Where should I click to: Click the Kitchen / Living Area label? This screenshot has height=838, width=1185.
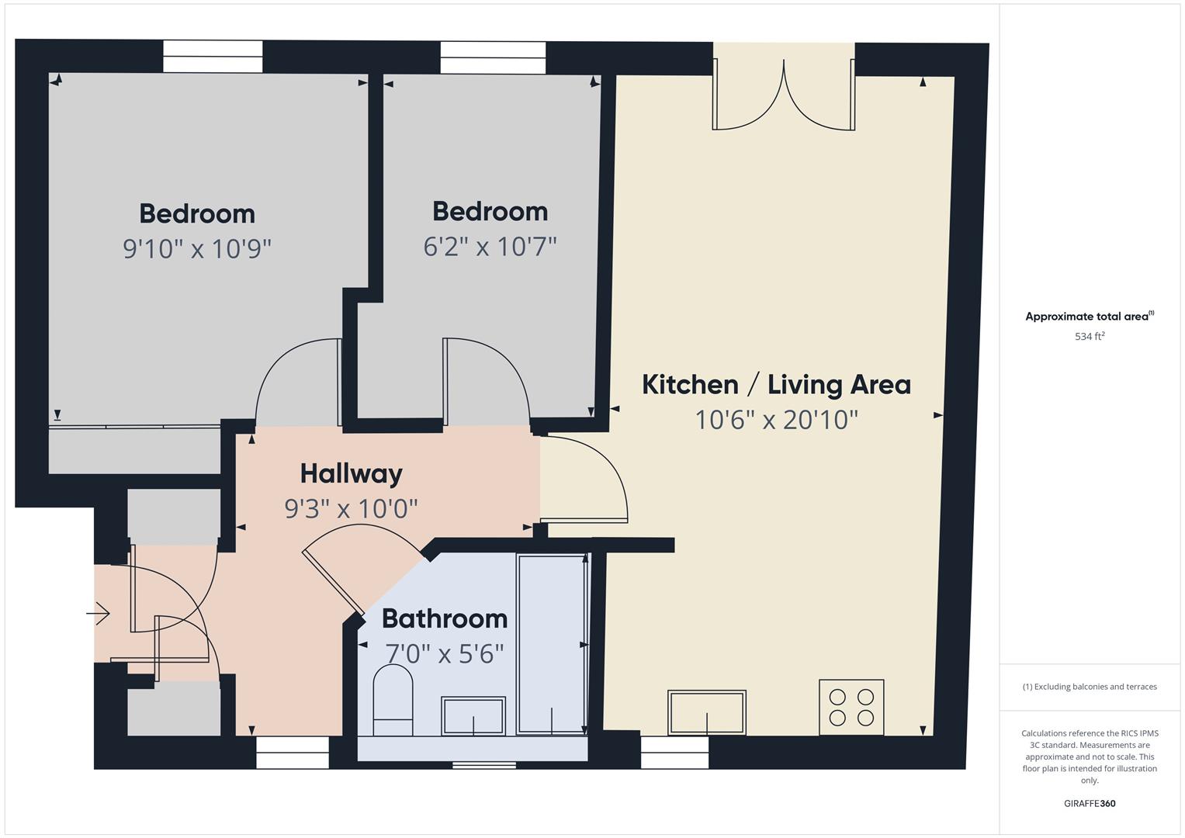click(776, 385)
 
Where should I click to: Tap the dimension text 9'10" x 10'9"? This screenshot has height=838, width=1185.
click(197, 248)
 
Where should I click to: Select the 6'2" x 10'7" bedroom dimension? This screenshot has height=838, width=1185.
click(490, 246)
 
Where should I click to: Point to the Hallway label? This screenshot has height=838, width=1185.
click(352, 474)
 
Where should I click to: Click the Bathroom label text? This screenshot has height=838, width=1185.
click(445, 618)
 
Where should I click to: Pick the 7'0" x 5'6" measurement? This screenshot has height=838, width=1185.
click(445, 653)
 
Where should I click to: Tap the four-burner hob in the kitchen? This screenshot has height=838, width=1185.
click(851, 708)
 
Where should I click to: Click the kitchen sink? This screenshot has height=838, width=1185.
click(707, 712)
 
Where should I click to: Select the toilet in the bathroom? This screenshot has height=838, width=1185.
click(393, 700)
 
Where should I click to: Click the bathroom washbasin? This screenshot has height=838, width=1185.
click(473, 715)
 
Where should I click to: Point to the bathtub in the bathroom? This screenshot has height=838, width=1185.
click(551, 644)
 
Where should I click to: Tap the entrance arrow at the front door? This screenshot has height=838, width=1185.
click(98, 614)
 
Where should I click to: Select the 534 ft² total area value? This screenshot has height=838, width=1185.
click(1090, 336)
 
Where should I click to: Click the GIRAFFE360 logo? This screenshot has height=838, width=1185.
click(1090, 803)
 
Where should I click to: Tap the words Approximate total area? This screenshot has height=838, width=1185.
click(1086, 317)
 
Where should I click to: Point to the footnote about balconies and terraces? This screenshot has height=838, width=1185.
click(1090, 687)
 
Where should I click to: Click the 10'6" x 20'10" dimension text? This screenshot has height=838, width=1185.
click(776, 420)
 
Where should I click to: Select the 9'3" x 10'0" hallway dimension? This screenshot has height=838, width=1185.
click(352, 508)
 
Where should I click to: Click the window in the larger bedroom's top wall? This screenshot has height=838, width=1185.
click(213, 57)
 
